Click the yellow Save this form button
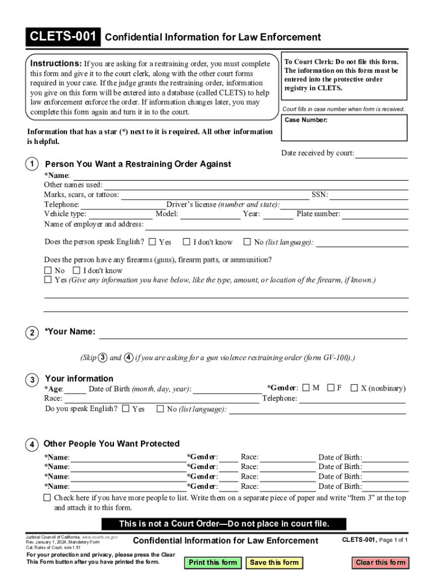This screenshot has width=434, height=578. pos(274,562)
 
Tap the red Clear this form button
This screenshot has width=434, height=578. pos(380,562)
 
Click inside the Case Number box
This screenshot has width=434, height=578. pos(344,131)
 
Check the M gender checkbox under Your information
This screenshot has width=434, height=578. pos(306,388)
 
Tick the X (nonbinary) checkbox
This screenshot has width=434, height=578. pos(354,388)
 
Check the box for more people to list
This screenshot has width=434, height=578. pos(47,498)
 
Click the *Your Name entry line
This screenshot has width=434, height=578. pos(253,334)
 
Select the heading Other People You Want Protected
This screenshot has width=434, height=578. pos(112,444)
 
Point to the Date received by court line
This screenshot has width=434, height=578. pos(381,154)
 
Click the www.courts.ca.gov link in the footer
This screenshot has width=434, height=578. pos(100,536)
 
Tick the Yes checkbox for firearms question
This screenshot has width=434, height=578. pos(48,280)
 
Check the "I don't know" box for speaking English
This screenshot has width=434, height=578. pos(187,242)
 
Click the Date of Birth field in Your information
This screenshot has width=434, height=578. pos(227,389)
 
